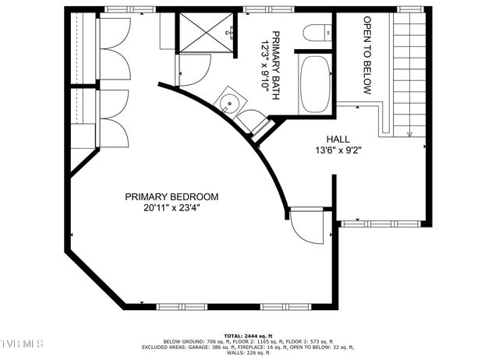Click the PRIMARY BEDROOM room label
click(x=171, y=197)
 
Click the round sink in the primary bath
click(x=229, y=102)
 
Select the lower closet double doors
click(x=115, y=118)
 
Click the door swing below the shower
click(x=193, y=72)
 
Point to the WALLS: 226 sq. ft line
click(x=247, y=353)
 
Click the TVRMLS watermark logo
click(x=23, y=344)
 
